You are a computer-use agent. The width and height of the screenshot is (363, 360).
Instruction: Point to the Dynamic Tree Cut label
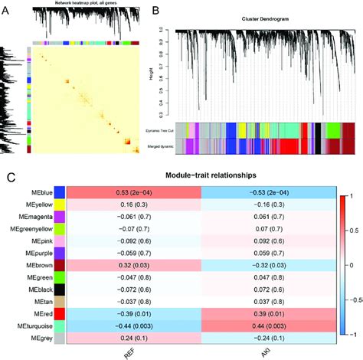(159, 131)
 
